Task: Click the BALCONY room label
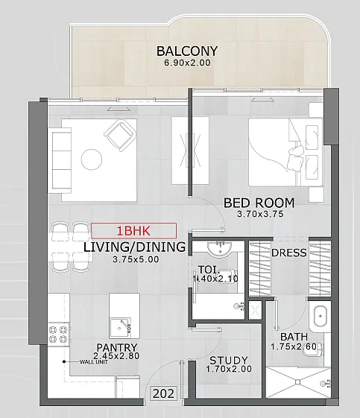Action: pyautogui.click(x=186, y=51)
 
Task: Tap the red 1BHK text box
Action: pyautogui.click(x=133, y=230)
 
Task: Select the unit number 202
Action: pyautogui.click(x=164, y=393)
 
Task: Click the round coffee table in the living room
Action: pyautogui.click(x=92, y=159)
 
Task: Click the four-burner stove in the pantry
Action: pyautogui.click(x=59, y=334)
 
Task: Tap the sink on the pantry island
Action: pyautogui.click(x=121, y=327)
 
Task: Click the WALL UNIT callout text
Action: pyautogui.click(x=94, y=362)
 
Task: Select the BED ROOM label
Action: pyautogui.click(x=259, y=203)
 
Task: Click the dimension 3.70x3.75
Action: pyautogui.click(x=260, y=214)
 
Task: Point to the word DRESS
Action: pyautogui.click(x=288, y=253)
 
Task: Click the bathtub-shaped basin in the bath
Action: pyautogui.click(x=320, y=317)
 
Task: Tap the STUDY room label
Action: pyautogui.click(x=229, y=361)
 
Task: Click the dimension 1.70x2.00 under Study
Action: pyautogui.click(x=229, y=369)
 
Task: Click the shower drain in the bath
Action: pyautogui.click(x=297, y=382)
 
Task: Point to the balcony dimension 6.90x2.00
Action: pyautogui.click(x=188, y=63)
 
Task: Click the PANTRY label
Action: pyautogui.click(x=117, y=348)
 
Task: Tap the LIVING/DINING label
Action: pyautogui.click(x=134, y=247)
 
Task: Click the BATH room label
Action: pyautogui.click(x=294, y=337)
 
